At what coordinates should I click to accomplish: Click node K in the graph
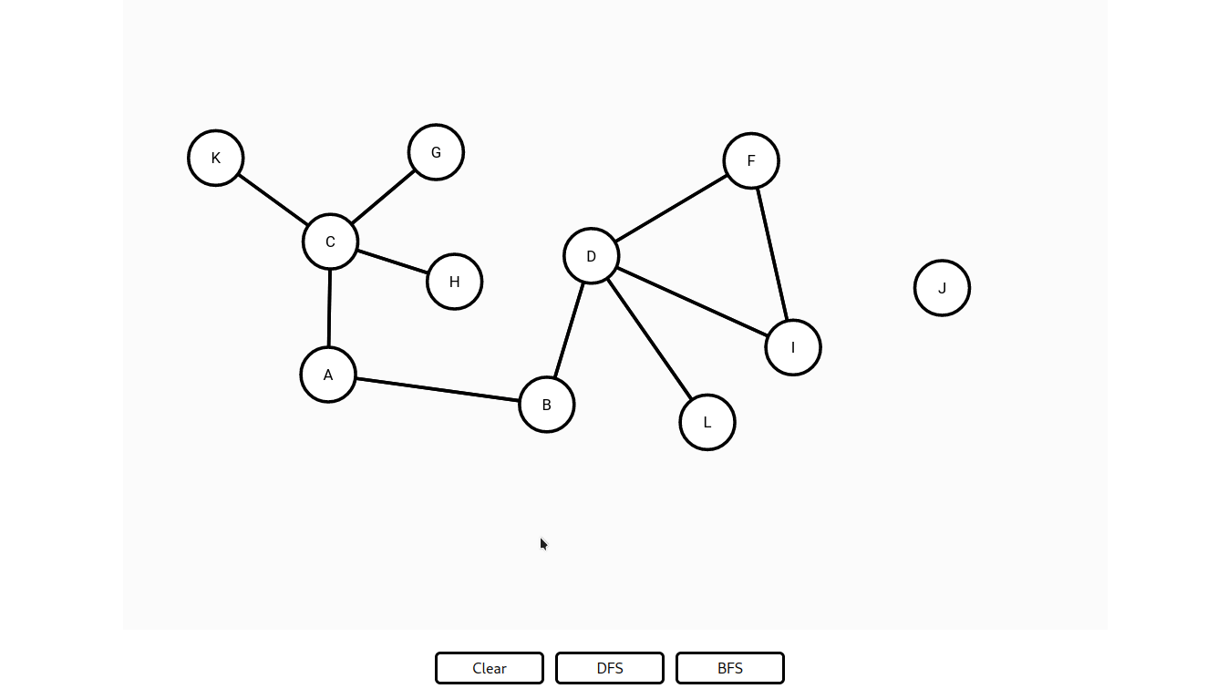[215, 158]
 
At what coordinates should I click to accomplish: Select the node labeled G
[436, 152]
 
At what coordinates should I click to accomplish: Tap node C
[330, 242]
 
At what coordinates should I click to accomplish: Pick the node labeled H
[454, 282]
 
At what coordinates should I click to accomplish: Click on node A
[328, 375]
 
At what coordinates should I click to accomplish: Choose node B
[546, 405]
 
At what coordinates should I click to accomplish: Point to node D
[591, 256]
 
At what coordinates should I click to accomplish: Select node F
[751, 160]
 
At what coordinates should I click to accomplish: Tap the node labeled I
[793, 347]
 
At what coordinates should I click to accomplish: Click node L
[707, 422]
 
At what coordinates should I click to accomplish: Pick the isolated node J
[942, 288]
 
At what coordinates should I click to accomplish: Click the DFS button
[610, 668]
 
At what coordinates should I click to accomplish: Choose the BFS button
[730, 668]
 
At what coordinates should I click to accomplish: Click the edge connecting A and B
[438, 390]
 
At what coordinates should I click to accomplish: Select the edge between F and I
[772, 254]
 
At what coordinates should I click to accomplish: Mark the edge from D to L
[649, 339]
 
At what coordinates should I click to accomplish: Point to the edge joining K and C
[273, 200]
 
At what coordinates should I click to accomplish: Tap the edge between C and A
[329, 308]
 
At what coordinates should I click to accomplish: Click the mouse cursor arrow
[544, 544]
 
